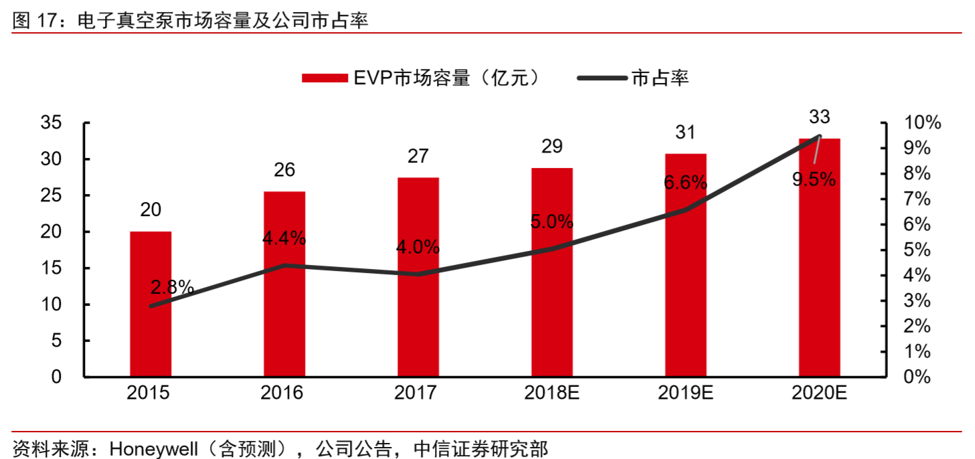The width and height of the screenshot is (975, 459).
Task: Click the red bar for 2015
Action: pyautogui.click(x=151, y=304)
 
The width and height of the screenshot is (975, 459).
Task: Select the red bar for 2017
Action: pyautogui.click(x=418, y=277)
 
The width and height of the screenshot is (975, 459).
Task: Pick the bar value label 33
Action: pyautogui.click(x=819, y=117)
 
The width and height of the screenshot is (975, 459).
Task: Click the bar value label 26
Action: pyautogui.click(x=284, y=170)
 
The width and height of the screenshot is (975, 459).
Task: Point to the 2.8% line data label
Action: pyautogui.click(x=172, y=288)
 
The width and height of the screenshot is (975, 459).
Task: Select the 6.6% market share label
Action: pyautogui.click(x=685, y=182)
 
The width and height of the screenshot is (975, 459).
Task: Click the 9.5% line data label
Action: pyautogui.click(x=814, y=179)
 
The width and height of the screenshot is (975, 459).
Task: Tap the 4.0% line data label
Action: pyautogui.click(x=418, y=247)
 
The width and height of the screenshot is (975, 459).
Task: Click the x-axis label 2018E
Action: pyautogui.click(x=552, y=393)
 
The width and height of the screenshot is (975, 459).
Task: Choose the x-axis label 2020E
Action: pyautogui.click(x=819, y=393)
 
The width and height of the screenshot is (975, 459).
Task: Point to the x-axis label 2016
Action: pyautogui.click(x=284, y=393)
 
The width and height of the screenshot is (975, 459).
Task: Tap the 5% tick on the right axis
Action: pyautogui.click(x=917, y=250)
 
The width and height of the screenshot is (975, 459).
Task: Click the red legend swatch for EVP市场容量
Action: pyautogui.click(x=324, y=78)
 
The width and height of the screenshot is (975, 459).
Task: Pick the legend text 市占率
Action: pyautogui.click(x=660, y=78)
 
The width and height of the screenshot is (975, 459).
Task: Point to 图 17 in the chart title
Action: pyautogui.click(x=33, y=21)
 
